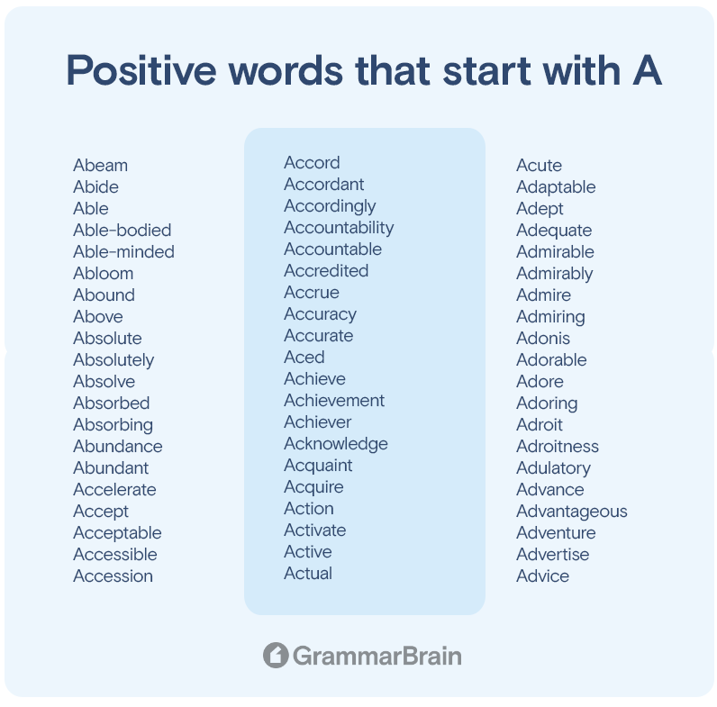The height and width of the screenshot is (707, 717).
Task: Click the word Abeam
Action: coord(101,165)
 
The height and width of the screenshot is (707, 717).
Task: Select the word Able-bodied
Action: coord(123,230)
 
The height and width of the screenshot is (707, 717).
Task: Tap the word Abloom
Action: coord(104,274)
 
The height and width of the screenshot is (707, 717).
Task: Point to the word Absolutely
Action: coord(113,360)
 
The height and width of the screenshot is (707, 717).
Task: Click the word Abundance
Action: coord(118,447)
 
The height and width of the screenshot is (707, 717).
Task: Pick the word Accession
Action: coord(113,576)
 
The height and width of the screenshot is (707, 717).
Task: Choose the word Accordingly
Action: coord(330,207)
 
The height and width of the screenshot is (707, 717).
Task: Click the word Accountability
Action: coord(339,228)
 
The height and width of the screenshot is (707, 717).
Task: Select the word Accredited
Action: coord(326,271)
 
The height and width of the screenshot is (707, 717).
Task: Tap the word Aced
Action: coord(304,358)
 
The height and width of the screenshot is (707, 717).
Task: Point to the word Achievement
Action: coord(334,401)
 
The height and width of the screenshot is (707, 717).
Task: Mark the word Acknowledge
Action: coord(336,445)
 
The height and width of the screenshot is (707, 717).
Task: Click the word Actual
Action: coord(308,574)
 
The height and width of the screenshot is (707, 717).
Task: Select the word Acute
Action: coord(540,165)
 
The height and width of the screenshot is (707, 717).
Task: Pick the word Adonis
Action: coord(543,339)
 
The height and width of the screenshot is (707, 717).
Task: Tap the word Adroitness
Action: coord(558,447)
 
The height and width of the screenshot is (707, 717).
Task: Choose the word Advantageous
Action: coord(572,512)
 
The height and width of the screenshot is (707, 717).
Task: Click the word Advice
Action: coord(543,576)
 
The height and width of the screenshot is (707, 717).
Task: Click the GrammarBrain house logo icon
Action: coord(276,656)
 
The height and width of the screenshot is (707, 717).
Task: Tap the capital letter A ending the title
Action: coord(648,70)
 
